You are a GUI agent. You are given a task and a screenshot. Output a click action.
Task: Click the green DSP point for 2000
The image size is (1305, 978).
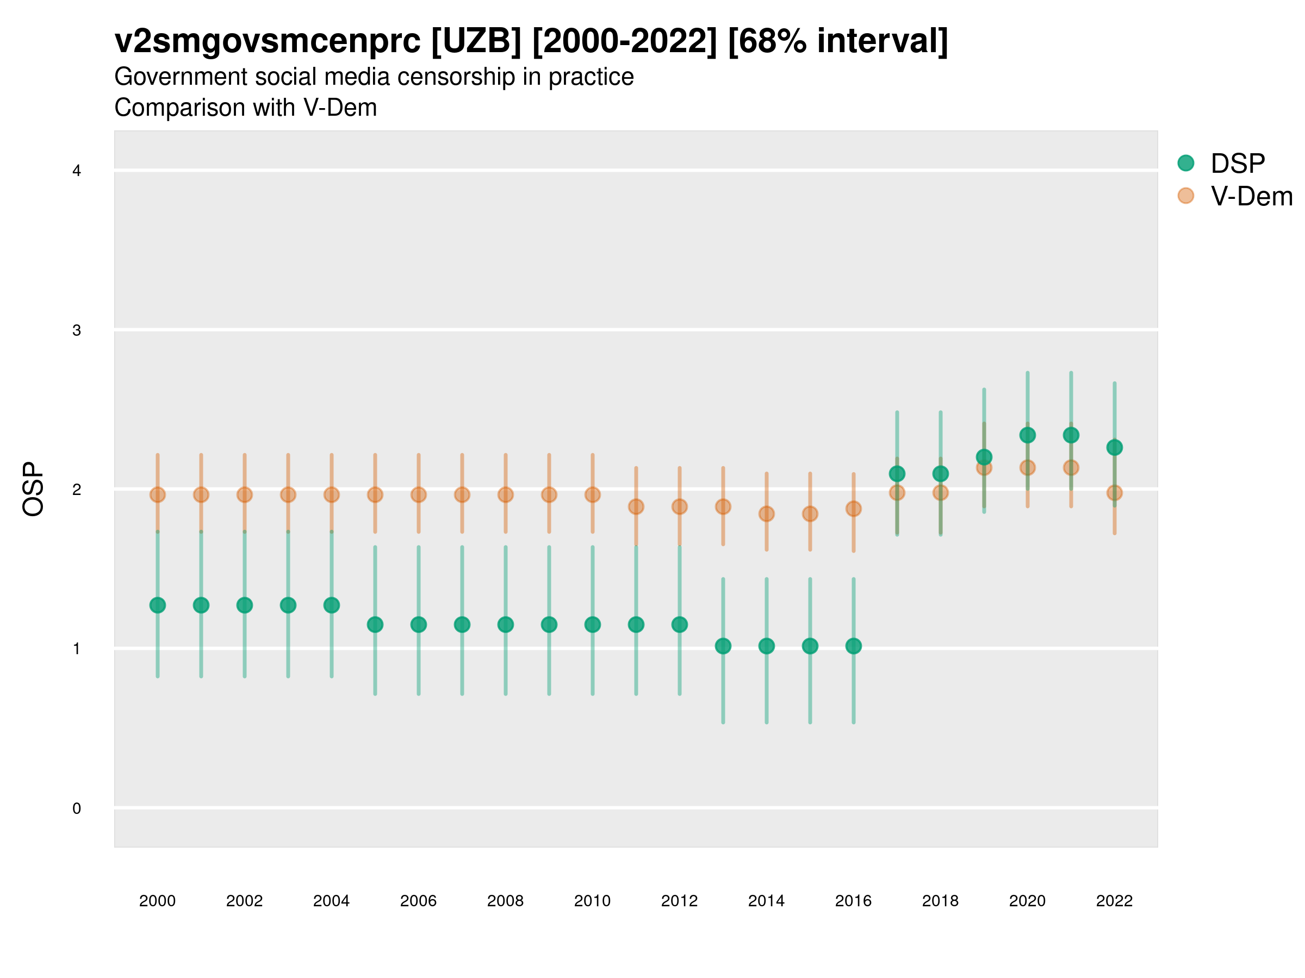[158, 605]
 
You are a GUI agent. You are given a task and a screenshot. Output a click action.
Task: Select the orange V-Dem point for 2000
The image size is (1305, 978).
[158, 494]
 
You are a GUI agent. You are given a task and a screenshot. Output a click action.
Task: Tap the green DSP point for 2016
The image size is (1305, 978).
[853, 646]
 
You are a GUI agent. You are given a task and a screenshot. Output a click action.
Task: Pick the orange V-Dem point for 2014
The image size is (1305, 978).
[766, 513]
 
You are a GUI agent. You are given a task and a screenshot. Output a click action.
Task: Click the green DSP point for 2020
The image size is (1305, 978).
[1027, 435]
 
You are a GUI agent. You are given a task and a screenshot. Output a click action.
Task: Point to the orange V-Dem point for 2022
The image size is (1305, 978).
[1115, 492]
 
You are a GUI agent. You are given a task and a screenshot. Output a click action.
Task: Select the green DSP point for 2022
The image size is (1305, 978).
[1115, 448]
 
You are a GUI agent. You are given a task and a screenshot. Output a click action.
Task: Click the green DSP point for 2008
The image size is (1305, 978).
[506, 624]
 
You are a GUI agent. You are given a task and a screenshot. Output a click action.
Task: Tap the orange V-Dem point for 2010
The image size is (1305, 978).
[592, 494]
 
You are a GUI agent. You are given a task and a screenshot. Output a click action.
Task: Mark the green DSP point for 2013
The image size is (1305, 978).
[723, 646]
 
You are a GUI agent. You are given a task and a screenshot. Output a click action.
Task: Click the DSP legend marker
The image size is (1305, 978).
[1185, 164]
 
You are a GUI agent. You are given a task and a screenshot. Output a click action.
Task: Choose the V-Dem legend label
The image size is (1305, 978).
[1251, 196]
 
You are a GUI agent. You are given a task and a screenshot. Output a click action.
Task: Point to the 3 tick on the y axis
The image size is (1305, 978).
[77, 330]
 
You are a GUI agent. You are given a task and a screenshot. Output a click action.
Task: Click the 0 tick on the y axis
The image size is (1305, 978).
[77, 808]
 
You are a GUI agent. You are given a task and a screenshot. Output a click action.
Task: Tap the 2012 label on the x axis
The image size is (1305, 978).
[679, 901]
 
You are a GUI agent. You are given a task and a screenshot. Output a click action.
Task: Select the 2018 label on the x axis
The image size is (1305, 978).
[940, 901]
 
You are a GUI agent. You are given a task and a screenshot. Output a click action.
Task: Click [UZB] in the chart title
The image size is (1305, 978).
[476, 41]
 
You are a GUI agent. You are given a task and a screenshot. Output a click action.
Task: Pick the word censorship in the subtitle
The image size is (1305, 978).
[432, 77]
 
